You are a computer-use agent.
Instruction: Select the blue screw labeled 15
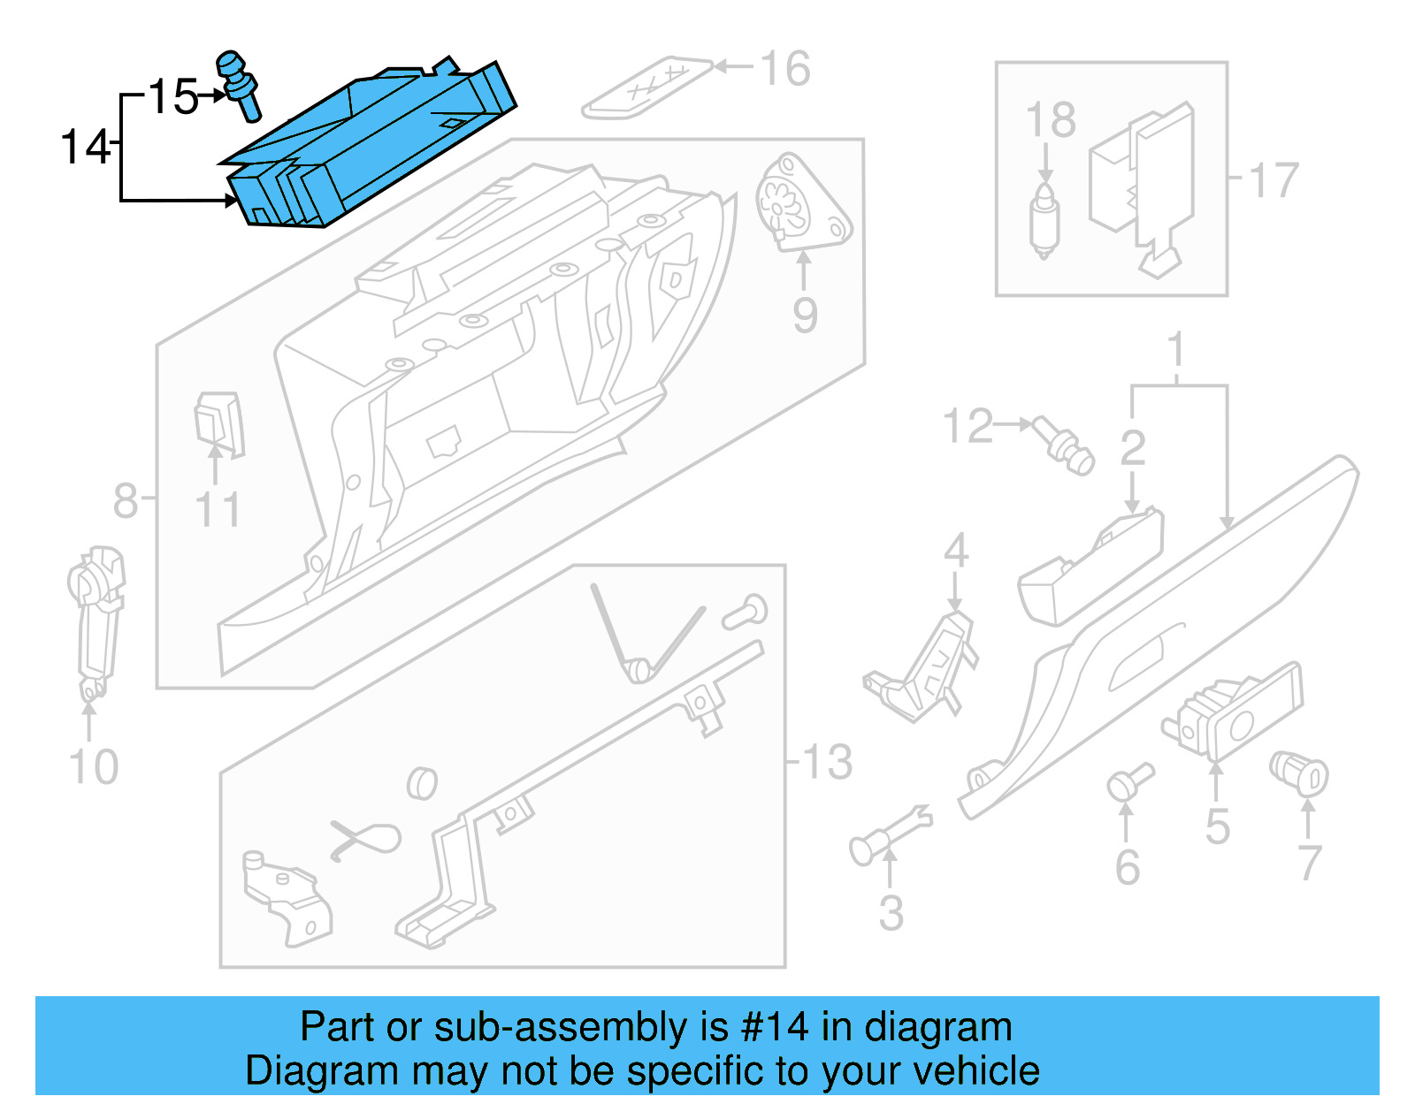pos(239,84)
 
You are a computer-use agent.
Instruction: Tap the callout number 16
pos(784,69)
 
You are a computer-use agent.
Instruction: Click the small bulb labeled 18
pos(1044,221)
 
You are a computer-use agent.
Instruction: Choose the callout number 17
pos(1273,180)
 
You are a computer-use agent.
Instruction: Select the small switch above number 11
pos(218,424)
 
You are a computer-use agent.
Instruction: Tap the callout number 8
pos(126,501)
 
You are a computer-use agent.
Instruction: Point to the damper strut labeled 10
pos(96,619)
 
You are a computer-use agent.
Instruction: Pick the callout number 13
pos(827,762)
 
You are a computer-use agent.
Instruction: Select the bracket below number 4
pos(924,667)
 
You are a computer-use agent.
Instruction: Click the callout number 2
pos(1133,448)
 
